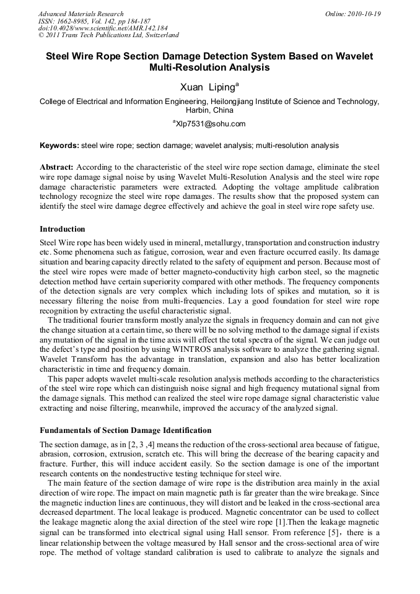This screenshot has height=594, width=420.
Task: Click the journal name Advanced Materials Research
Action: pos(81,14)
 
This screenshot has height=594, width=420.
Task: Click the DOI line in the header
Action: pos(103,28)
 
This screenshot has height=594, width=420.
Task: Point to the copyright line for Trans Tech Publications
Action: pos(108,35)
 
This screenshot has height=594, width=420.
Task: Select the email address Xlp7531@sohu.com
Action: pos(211,124)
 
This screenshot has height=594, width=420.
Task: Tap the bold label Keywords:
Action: pos(59,146)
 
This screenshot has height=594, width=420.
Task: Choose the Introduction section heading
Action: pos(63,229)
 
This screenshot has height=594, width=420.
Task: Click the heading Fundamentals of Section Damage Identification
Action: pos(125,430)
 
